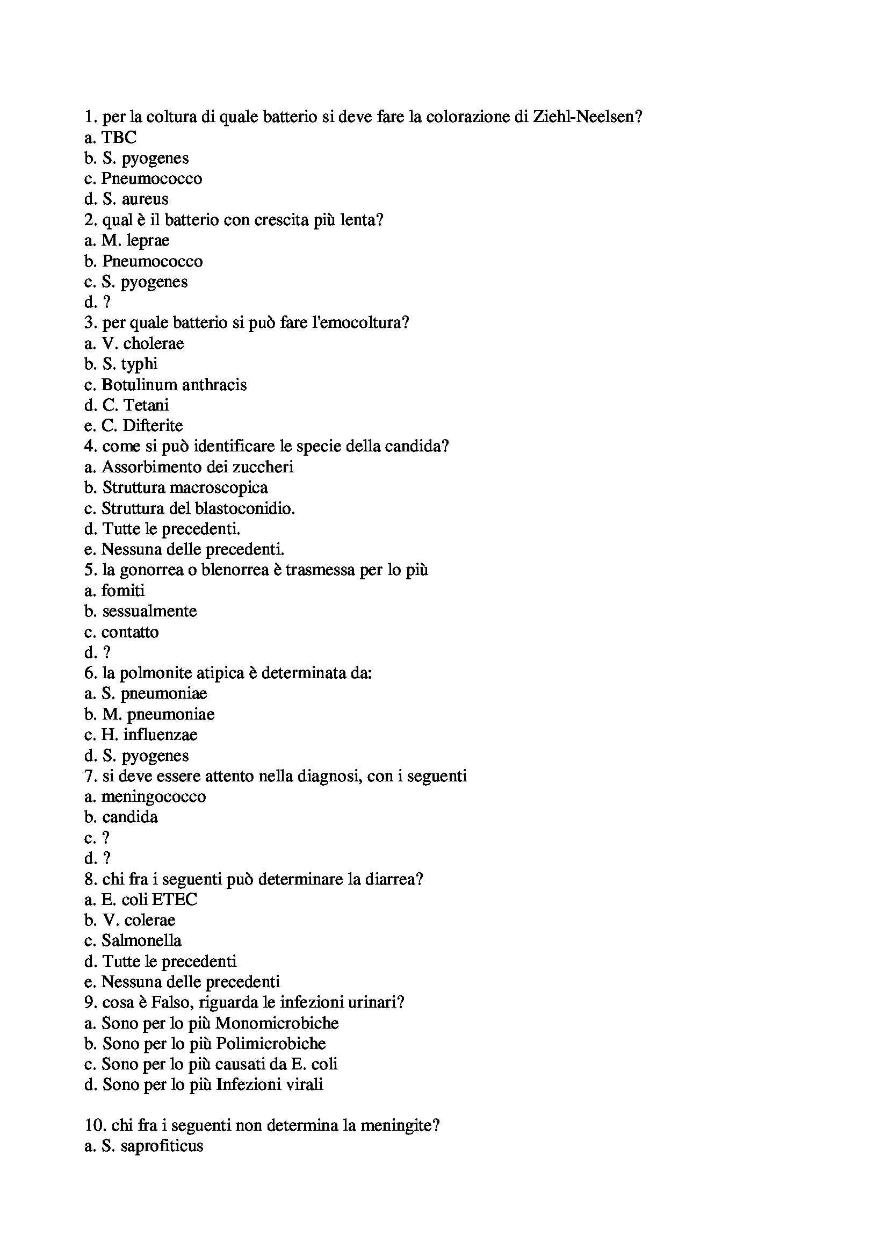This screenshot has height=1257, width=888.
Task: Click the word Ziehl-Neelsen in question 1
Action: (587, 117)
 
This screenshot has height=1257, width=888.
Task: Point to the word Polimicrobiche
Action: (271, 1044)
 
